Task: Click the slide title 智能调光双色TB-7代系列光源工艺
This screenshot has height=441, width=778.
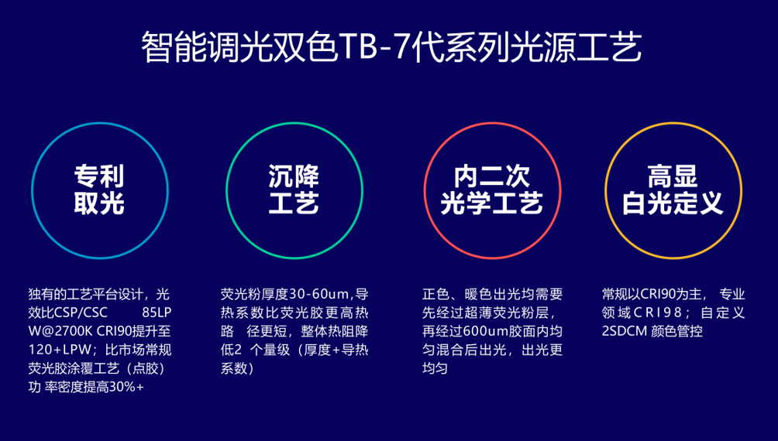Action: [x=391, y=47]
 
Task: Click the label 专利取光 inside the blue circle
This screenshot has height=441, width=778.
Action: [x=99, y=190]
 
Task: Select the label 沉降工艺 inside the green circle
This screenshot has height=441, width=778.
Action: [x=294, y=190]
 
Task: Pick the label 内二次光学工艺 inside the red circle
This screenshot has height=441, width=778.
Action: [x=492, y=190]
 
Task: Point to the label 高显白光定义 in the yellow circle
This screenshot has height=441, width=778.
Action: [x=673, y=190]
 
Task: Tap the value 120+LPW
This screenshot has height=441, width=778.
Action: [x=60, y=350]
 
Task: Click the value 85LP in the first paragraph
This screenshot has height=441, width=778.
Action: [x=157, y=313]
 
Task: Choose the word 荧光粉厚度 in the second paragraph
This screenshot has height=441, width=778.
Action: [x=254, y=294]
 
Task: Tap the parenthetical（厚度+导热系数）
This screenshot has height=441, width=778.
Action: [x=294, y=359]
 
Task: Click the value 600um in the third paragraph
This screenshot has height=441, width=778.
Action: [x=484, y=331]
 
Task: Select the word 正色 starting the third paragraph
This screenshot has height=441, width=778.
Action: [x=435, y=294]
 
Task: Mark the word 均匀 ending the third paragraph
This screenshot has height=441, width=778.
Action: [x=435, y=368]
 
